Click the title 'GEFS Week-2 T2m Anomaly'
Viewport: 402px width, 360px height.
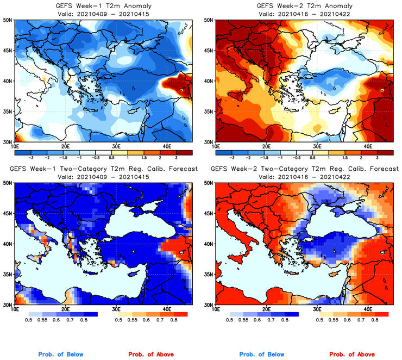point(303,5)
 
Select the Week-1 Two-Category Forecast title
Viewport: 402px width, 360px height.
point(104,170)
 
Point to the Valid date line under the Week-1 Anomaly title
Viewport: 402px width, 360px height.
point(102,13)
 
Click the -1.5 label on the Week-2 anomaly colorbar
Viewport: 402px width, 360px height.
point(266,157)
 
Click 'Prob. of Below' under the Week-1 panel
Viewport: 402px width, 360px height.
point(60,355)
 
